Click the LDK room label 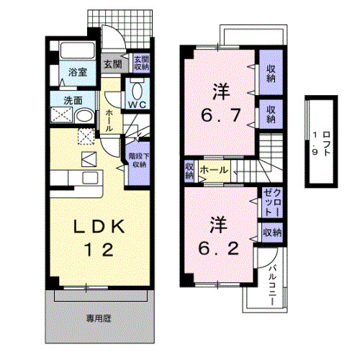point(101,228)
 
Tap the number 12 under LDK point(101,252)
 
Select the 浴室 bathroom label point(77,72)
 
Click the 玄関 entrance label point(112,64)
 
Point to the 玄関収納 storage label point(140,62)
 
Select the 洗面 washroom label point(73,101)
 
